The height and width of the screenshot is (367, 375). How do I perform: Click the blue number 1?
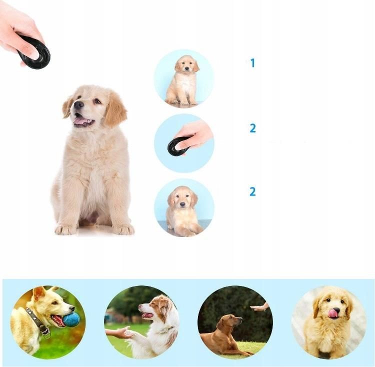[252, 63]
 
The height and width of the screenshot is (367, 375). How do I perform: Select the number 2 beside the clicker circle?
[252, 128]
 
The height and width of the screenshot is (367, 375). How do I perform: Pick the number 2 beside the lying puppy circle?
[252, 191]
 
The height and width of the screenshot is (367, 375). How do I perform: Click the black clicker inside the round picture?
[178, 145]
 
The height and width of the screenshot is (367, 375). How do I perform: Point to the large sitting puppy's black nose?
[78, 104]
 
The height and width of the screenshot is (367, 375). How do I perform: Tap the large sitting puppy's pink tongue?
[80, 120]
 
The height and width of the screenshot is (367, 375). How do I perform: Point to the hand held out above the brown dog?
[259, 307]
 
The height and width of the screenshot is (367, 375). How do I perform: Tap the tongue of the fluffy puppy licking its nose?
[332, 313]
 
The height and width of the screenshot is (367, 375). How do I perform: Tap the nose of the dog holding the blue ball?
[72, 308]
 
